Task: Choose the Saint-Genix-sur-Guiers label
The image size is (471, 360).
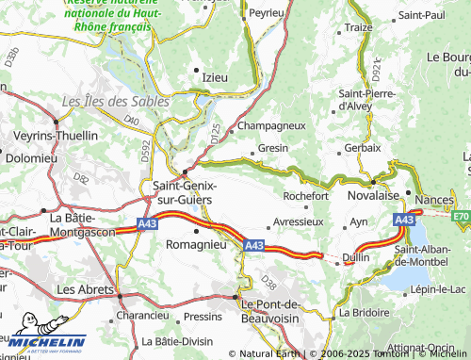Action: pyautogui.click(x=184, y=193)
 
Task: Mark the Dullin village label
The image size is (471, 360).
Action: pyautogui.click(x=356, y=256)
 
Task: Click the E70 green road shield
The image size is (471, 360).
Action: pyautogui.click(x=461, y=216)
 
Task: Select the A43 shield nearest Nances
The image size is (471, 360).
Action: pyautogui.click(x=404, y=220)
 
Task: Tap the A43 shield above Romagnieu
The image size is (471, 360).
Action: pyautogui.click(x=146, y=224)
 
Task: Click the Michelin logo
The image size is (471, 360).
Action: pyautogui.click(x=44, y=343)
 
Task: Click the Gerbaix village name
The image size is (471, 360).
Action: pyautogui.click(x=363, y=148)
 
